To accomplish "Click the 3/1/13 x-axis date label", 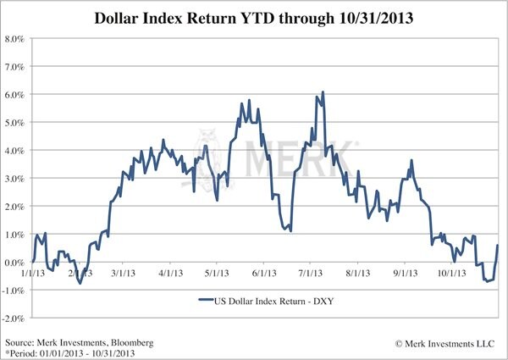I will [x=124, y=274].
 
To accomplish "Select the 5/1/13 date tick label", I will [x=218, y=274].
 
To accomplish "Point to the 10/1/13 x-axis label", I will [x=450, y=274].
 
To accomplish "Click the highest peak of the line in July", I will [x=323, y=104].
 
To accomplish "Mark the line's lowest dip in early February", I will [x=80, y=283].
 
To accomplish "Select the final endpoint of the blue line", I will [x=497, y=246].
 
